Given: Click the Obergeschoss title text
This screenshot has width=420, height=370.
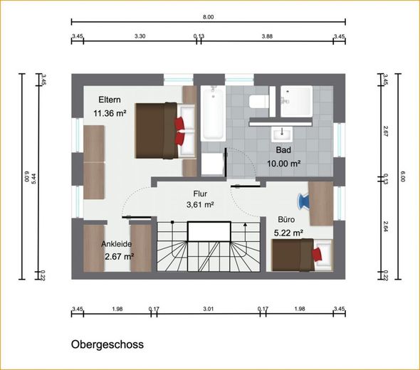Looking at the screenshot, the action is point(107,344).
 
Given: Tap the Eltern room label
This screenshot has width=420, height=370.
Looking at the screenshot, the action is point(110,100).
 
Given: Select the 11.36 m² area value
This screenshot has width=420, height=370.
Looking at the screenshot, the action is point(110,113).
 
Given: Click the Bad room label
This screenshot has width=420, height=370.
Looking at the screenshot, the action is point(283,150).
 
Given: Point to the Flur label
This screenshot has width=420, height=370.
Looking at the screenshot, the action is point(200,194).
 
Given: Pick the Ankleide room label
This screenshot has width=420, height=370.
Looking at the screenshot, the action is point(117,244).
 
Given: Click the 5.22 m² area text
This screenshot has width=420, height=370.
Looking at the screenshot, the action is point(288,233).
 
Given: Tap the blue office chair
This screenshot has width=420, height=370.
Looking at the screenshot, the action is point(304,201).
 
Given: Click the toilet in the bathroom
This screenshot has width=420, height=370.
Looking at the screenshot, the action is point(259,102).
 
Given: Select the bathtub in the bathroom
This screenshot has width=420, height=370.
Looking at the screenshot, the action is point(213,113).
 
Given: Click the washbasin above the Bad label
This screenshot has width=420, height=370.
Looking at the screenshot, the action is point(282,134).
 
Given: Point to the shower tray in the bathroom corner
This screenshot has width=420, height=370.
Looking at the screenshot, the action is point(297,101).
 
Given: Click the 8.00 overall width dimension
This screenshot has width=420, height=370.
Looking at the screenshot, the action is point(208,17).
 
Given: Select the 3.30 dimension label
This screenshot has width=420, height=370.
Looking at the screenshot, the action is point(140,36).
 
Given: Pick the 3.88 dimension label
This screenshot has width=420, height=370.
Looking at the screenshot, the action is point(267,36).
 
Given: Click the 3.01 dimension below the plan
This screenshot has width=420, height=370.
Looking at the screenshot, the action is point(208,310).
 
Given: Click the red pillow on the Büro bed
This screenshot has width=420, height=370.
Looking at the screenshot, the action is point(317,254).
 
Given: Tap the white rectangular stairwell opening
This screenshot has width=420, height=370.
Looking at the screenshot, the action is point(209,231).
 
